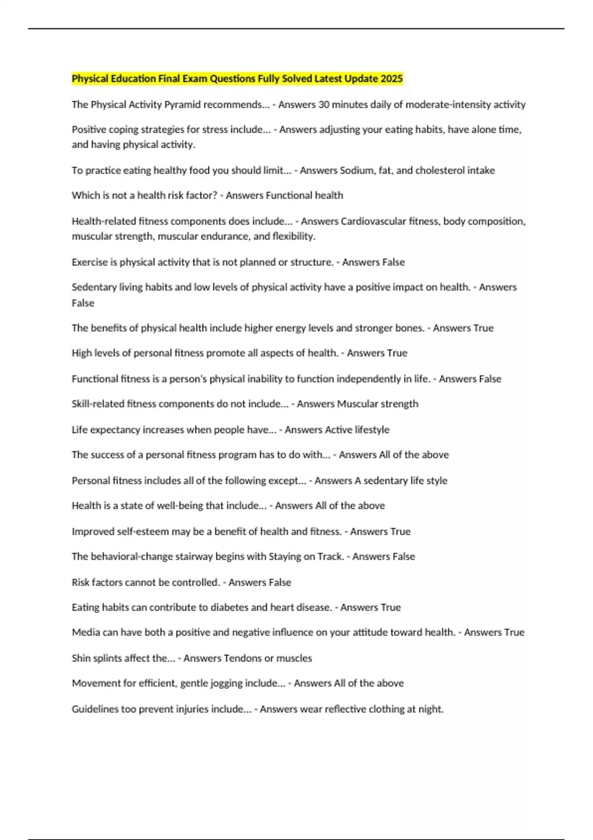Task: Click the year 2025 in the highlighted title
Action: coord(391,79)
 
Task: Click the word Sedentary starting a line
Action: coord(94,287)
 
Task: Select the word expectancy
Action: coord(117,430)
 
